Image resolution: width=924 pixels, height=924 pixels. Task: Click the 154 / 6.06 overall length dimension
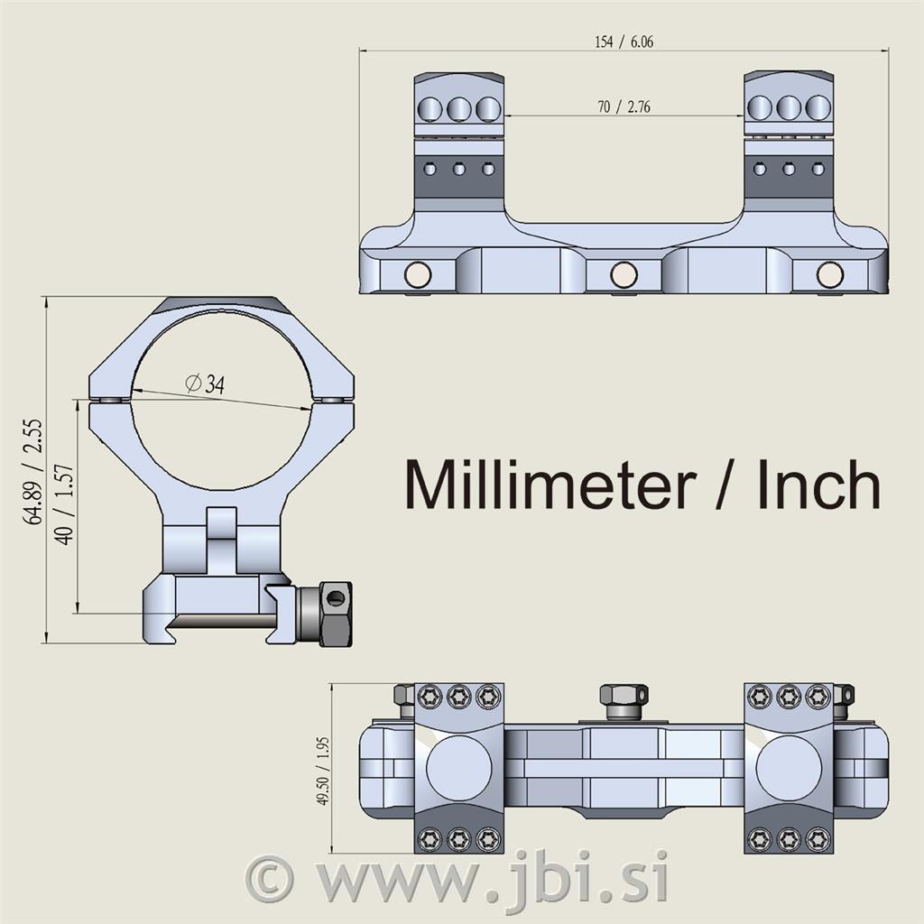coord(624,42)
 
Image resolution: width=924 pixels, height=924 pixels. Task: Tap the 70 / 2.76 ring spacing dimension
coord(624,106)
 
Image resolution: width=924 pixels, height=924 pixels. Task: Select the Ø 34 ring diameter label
coord(205,384)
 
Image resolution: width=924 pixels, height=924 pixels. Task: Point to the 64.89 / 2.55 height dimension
coord(33,471)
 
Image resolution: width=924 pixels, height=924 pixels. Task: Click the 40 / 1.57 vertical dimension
coord(64,504)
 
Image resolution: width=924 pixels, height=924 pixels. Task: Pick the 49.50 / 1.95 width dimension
coord(322,771)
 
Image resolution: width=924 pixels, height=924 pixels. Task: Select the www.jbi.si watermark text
coord(493,878)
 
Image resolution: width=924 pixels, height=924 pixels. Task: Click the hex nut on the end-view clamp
coord(336,614)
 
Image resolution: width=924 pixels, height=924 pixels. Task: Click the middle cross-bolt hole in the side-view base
coord(624,274)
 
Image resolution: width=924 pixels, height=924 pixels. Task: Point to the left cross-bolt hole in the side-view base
coord(418,274)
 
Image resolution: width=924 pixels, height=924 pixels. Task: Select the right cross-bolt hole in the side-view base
coord(830,274)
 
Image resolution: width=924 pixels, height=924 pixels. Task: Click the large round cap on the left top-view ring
coord(459,769)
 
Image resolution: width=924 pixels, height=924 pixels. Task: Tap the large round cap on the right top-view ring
coord(789,769)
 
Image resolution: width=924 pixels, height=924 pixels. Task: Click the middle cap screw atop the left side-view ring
coord(459,108)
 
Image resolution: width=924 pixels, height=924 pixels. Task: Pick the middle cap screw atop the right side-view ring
coord(789,108)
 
